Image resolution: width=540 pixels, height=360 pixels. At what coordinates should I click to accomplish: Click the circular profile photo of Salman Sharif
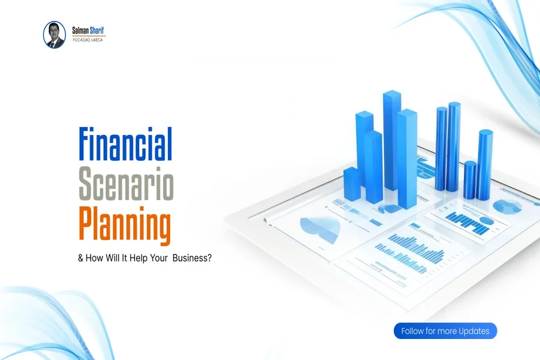click(55, 35)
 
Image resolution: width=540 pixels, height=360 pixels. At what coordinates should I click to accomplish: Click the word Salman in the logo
click(80, 31)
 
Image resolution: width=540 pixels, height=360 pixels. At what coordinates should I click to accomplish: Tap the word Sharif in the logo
click(97, 31)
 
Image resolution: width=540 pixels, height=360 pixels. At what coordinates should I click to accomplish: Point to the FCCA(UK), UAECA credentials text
click(88, 40)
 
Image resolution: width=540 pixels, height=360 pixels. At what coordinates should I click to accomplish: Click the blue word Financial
click(125, 145)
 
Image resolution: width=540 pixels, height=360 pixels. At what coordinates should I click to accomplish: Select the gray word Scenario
click(126, 183)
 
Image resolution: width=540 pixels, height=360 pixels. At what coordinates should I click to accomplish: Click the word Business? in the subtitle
click(192, 258)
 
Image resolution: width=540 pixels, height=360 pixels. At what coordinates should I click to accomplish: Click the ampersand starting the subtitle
click(80, 258)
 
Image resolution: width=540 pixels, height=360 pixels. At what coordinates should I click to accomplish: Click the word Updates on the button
click(474, 331)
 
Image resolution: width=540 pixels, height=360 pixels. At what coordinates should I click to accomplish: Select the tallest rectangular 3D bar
click(392, 140)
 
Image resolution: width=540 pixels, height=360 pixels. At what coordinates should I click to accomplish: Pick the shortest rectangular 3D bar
click(352, 184)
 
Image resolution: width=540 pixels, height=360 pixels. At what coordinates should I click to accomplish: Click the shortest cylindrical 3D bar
click(470, 180)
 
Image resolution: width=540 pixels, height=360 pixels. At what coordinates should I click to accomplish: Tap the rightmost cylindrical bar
click(485, 165)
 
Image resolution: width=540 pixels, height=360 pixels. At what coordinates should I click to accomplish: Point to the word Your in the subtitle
click(159, 258)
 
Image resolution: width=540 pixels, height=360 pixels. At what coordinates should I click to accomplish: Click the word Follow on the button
click(413, 331)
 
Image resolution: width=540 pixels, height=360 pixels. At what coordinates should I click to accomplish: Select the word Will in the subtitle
click(113, 258)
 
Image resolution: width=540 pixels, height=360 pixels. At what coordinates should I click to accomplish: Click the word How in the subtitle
click(94, 258)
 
